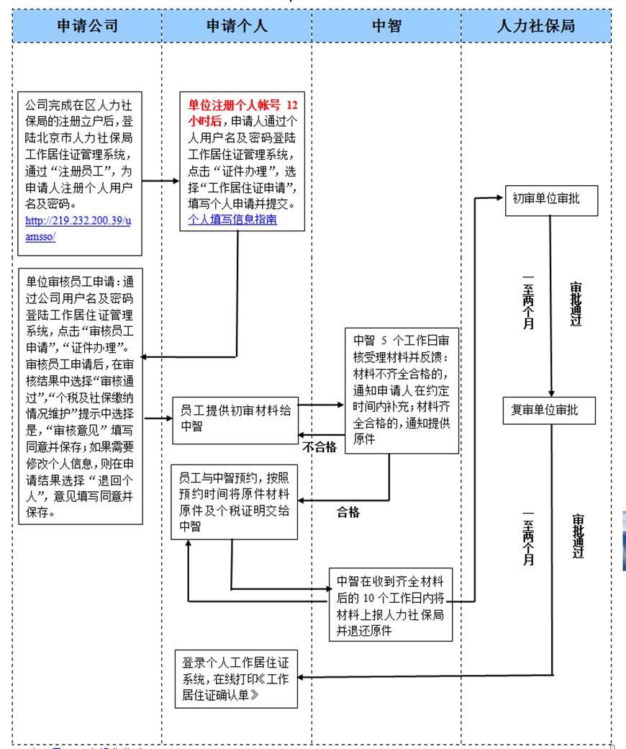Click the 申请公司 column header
87,26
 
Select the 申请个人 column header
237,26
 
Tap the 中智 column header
386,26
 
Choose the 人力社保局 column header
536,26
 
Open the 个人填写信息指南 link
232,220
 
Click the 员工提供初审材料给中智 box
235,418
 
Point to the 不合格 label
319,447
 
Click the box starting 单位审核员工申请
81,395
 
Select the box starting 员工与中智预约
235,501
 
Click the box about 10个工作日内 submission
390,604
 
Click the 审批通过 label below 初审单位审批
576,303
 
